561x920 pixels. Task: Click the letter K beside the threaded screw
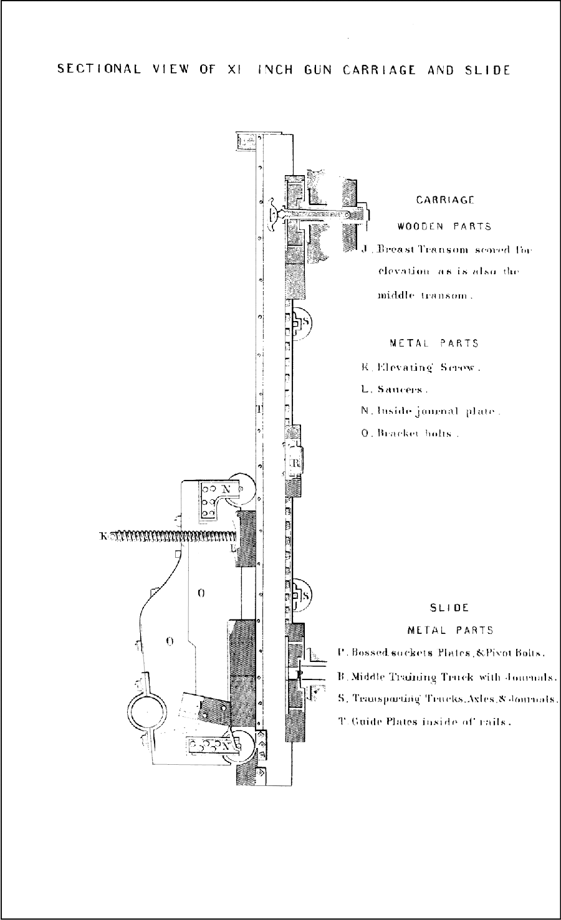tap(103, 535)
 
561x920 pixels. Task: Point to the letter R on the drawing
tap(296, 464)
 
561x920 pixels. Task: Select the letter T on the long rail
tap(258, 410)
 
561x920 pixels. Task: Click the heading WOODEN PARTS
tap(444, 226)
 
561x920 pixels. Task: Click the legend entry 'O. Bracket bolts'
tap(410, 433)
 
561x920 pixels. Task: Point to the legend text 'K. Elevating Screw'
tap(421, 367)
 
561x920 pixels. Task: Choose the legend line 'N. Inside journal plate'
tap(431, 411)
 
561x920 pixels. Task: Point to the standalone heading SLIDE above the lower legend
tap(449, 608)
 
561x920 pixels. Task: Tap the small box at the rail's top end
tap(246, 141)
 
